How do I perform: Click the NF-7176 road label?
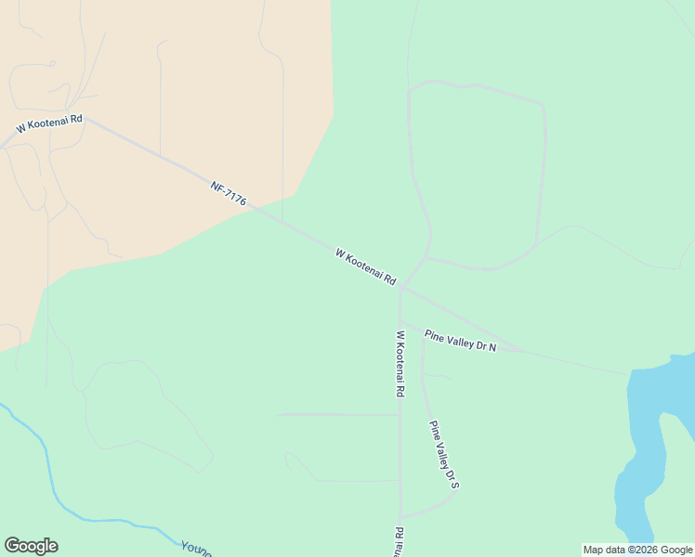pyautogui.click(x=228, y=193)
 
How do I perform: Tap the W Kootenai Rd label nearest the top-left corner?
pyautogui.click(x=49, y=123)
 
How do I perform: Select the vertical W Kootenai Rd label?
pyautogui.click(x=400, y=364)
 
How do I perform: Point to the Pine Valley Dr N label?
pyautogui.click(x=460, y=341)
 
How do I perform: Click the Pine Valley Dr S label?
pyautogui.click(x=444, y=455)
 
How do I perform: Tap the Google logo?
pyautogui.click(x=31, y=546)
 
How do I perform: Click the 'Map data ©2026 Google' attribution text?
pyautogui.click(x=638, y=550)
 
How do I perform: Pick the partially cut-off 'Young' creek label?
pyautogui.click(x=197, y=549)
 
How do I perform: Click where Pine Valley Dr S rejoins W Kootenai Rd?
pyautogui.click(x=400, y=517)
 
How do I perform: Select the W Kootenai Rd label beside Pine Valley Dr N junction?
pyautogui.click(x=366, y=266)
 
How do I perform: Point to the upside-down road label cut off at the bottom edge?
pyautogui.click(x=400, y=543)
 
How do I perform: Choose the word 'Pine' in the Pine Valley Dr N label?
pyautogui.click(x=435, y=335)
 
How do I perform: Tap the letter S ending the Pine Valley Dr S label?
pyautogui.click(x=455, y=484)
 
